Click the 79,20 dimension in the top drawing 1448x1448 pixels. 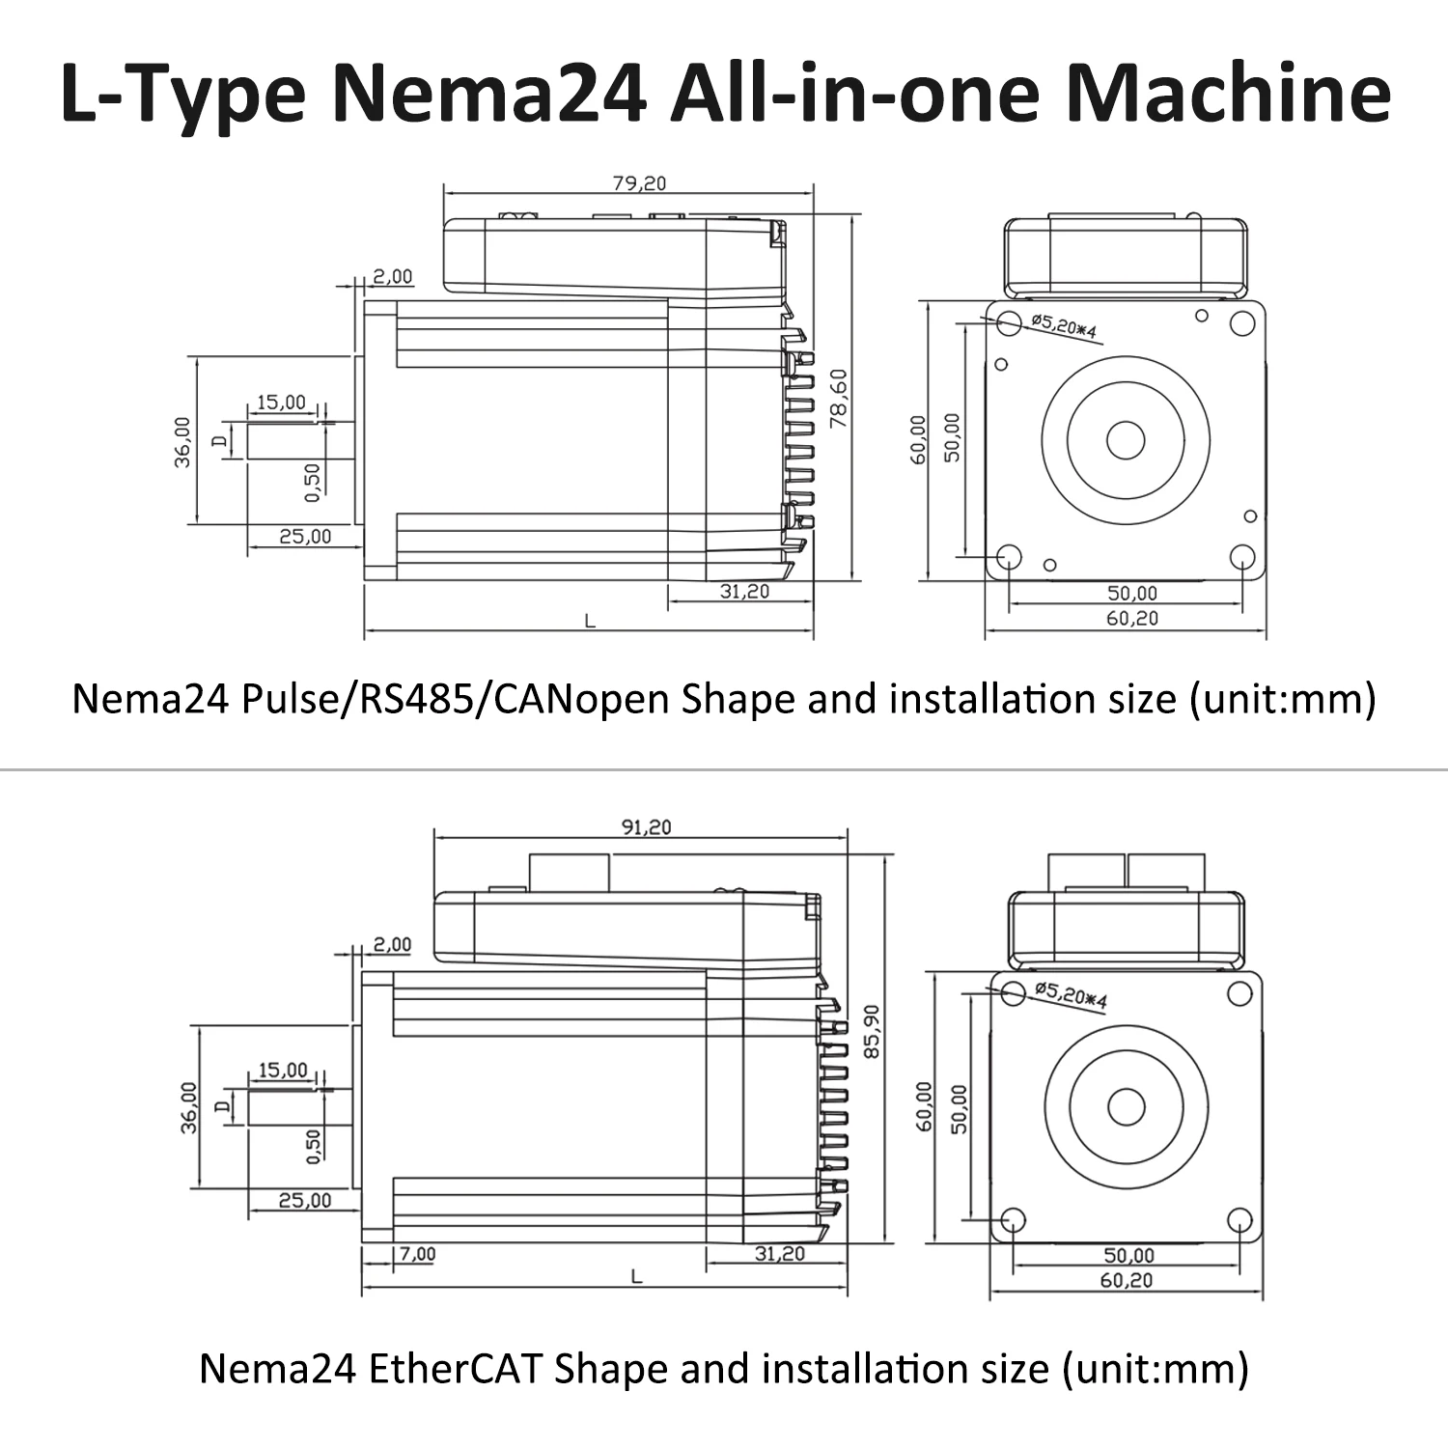point(639,182)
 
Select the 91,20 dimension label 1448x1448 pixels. point(646,826)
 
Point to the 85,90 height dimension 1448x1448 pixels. point(872,1031)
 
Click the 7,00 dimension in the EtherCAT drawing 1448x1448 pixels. point(417,1253)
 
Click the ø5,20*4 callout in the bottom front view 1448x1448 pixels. point(1070,993)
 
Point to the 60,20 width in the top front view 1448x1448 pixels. point(1131,618)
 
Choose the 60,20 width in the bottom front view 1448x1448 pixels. point(1127,1280)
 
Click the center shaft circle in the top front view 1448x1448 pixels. point(1126,441)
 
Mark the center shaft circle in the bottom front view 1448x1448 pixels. point(1126,1106)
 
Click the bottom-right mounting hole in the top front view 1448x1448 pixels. point(1241,556)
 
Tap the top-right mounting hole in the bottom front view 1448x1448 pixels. point(1238,994)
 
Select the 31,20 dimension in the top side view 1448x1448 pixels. point(744,591)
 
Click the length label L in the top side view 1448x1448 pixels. point(590,622)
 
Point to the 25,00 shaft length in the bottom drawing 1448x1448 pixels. point(304,1200)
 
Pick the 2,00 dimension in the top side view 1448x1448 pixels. point(393,276)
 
